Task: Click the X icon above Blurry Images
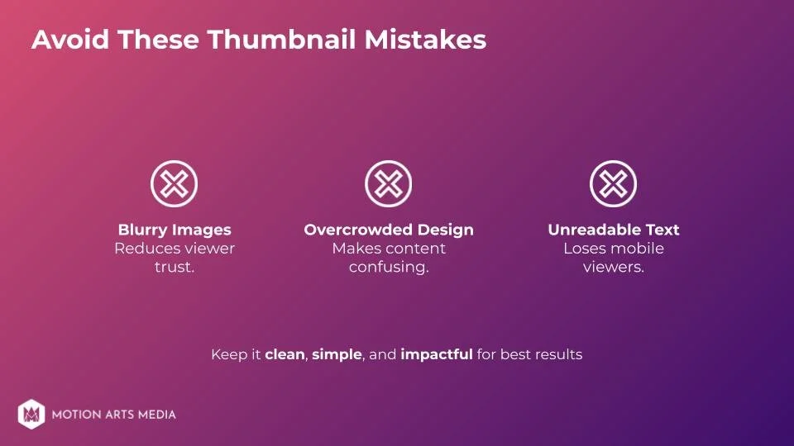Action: pos(174,183)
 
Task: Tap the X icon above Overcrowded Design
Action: pos(388,183)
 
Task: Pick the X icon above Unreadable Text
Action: pos(613,183)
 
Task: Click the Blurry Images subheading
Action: pos(174,230)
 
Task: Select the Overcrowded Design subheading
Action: pos(388,230)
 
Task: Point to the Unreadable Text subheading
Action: pos(613,230)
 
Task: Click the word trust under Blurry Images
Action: pos(174,268)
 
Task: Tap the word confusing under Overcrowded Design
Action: pos(388,268)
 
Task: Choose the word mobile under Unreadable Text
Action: pos(638,249)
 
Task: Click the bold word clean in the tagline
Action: pos(285,354)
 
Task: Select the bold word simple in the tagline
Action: pos(337,354)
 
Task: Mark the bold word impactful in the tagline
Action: pos(436,354)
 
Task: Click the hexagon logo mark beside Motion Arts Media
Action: pos(31,414)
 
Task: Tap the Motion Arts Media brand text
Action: pos(113,415)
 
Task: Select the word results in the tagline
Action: pos(558,354)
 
